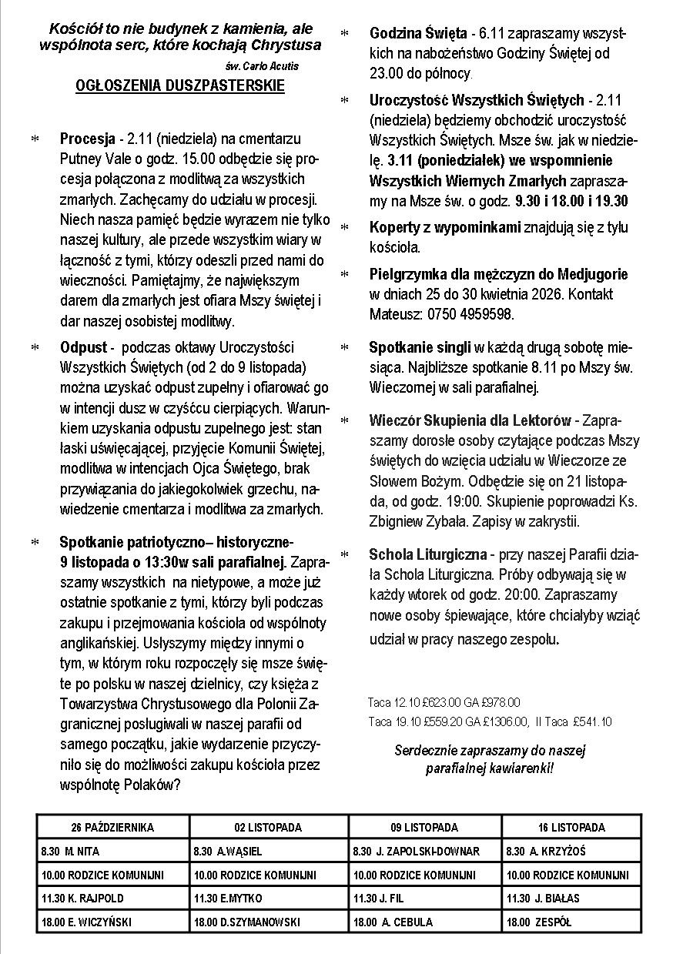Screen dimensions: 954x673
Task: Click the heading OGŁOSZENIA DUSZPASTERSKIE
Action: coord(180,85)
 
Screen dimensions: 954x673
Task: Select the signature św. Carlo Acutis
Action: coord(263,66)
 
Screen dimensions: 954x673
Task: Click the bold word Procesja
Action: coord(88,139)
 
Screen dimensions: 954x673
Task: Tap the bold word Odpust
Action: coord(84,347)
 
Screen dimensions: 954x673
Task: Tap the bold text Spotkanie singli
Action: coord(420,347)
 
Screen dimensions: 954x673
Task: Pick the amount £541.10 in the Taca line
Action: coord(592,721)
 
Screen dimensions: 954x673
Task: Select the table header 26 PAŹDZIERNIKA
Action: coord(112,828)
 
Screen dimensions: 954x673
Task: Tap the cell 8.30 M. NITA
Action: coord(70,852)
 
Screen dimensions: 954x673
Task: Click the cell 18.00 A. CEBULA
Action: coord(393,922)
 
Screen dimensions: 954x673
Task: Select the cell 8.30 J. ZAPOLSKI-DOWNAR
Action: coord(416,852)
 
